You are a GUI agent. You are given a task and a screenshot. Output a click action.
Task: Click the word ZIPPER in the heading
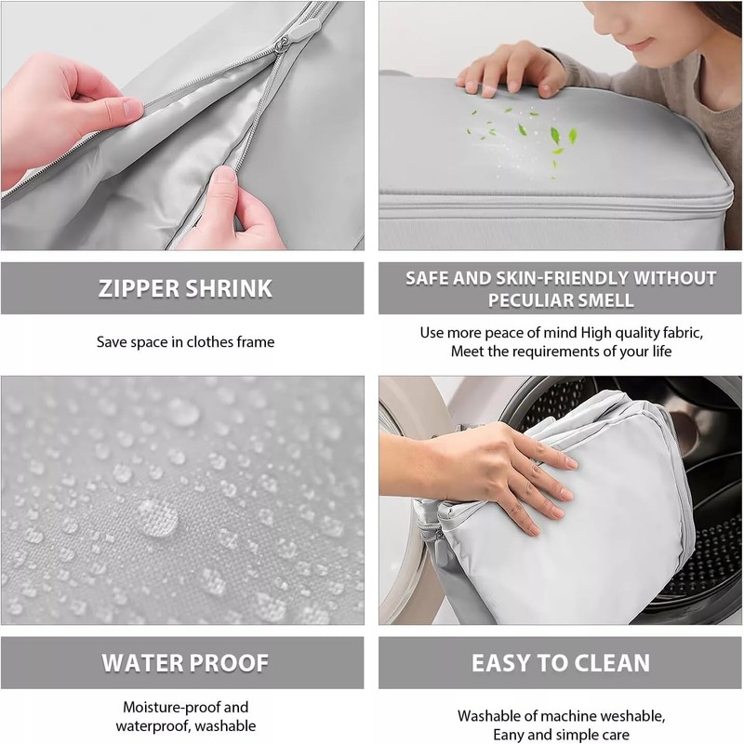(138, 288)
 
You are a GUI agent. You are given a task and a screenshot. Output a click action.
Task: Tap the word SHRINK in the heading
(229, 288)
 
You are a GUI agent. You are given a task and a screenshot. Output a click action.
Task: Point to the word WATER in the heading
(141, 663)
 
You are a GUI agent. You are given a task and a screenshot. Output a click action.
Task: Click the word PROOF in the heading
(229, 663)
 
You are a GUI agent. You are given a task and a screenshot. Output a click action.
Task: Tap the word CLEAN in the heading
(610, 663)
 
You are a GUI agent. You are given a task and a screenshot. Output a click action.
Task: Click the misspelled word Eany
(509, 735)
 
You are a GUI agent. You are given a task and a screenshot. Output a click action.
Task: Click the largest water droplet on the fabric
(157, 518)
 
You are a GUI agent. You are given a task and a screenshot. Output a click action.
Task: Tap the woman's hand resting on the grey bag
(510, 71)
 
